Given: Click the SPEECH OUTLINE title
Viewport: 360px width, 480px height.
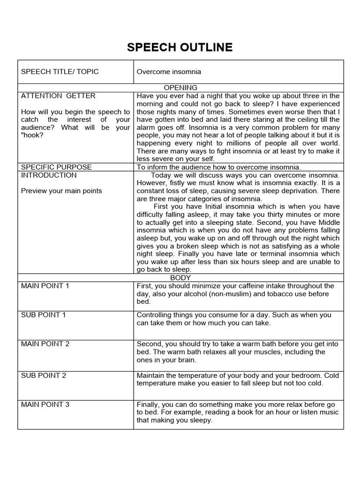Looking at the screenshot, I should pyautogui.click(x=180, y=47).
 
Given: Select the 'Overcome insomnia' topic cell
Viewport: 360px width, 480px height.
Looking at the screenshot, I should pyautogui.click(x=169, y=72).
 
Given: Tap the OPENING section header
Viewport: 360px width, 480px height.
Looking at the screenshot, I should pyautogui.click(x=180, y=88).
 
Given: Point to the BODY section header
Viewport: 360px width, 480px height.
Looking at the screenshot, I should pyautogui.click(x=180, y=278).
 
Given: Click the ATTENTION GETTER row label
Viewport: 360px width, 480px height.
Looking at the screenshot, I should pyautogui.click(x=58, y=96).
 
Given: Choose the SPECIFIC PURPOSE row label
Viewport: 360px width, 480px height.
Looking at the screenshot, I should pyautogui.click(x=56, y=167).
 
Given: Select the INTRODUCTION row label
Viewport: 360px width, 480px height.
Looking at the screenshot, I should pyautogui.click(x=49, y=175).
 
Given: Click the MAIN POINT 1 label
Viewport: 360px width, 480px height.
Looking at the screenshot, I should pyautogui.click(x=45, y=286).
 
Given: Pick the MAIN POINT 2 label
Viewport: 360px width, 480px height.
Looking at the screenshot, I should pyautogui.click(x=45, y=344).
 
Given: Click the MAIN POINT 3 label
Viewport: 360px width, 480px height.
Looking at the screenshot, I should pyautogui.click(x=45, y=405).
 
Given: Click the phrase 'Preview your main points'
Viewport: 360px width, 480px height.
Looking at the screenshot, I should pyautogui.click(x=61, y=191).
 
